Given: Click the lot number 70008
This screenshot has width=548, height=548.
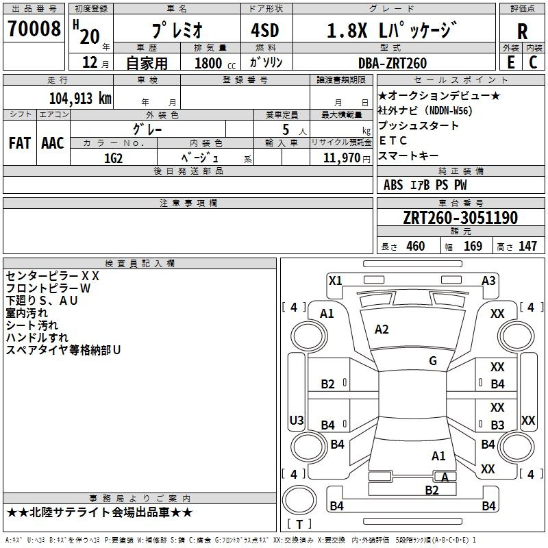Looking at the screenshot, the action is pos(34,28).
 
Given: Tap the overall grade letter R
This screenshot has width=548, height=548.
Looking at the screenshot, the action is pos(522,32).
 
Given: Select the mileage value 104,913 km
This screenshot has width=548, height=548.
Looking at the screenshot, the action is pos(80,98).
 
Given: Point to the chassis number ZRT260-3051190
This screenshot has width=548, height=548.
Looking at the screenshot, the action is pos(460,217).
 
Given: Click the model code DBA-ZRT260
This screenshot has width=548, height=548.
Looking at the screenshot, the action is pos(393,63).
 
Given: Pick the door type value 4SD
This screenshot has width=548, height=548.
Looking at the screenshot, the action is pos(265,30).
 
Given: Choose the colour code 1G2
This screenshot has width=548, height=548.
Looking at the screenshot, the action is pos(114,158).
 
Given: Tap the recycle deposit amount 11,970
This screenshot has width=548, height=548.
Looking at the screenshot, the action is pos(341,158).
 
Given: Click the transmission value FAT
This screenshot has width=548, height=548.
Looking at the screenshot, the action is pos(20,143).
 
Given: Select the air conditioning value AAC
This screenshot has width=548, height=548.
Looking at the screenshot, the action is pos(53,143).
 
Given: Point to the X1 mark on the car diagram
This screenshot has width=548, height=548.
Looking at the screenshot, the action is pos(336,281).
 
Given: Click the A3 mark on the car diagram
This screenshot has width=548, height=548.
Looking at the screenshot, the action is pos(488,281).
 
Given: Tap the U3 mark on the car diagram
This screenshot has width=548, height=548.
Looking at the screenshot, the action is pos(297,420).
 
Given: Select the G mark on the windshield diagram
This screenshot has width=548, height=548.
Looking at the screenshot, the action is pos(433,361).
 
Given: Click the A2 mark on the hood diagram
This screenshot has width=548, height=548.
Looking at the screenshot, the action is pos(382,329).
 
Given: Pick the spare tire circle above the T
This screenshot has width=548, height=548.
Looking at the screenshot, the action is pos(299,500).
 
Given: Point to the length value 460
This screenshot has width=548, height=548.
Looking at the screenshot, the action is pos(416,246).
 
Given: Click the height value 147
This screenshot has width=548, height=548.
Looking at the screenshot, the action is pos(527,246).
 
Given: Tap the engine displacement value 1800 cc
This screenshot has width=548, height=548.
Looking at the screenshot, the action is pos(215,63).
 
